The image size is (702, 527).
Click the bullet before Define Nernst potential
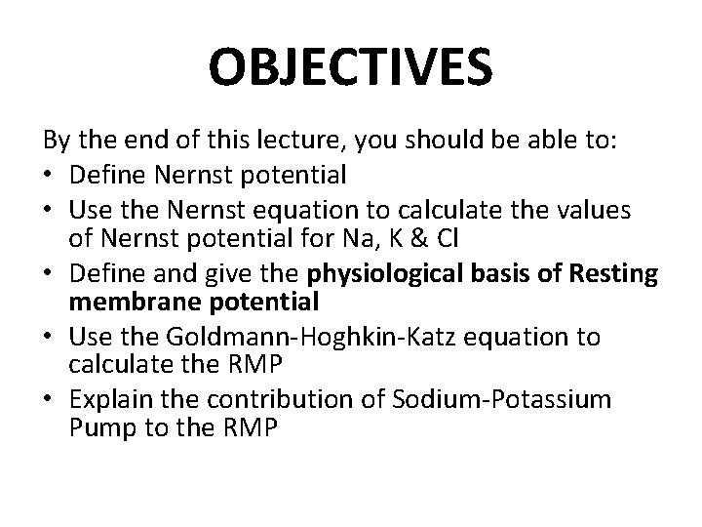pos(51,178)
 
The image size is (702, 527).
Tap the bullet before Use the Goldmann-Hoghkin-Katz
pos(51,338)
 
